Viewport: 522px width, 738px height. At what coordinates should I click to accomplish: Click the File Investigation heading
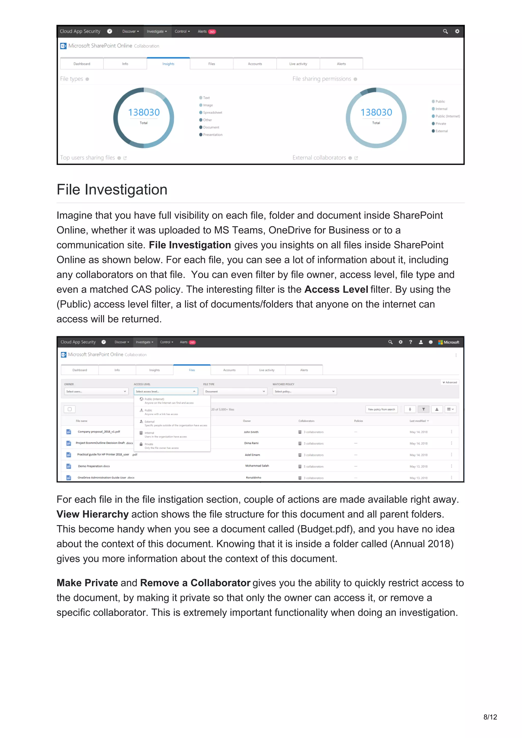click(112, 190)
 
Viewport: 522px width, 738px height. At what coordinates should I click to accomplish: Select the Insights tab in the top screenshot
click(168, 64)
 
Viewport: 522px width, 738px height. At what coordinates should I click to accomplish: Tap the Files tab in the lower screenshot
click(192, 370)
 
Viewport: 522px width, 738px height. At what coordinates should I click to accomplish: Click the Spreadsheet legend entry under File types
click(212, 113)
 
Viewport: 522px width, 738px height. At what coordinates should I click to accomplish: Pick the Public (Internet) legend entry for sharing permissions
click(447, 116)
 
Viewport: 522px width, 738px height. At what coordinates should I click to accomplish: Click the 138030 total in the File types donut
click(144, 112)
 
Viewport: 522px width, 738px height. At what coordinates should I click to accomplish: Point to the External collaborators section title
click(319, 157)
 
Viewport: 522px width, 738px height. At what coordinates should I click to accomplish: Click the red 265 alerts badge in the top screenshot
click(212, 32)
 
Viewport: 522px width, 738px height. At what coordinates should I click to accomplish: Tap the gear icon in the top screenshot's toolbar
click(457, 31)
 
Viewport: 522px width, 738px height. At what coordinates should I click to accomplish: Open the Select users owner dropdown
click(96, 391)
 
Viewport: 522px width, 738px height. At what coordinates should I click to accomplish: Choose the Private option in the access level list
click(149, 444)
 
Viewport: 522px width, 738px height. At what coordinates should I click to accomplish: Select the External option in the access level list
click(150, 421)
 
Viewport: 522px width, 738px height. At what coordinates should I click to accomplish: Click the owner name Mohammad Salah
click(257, 466)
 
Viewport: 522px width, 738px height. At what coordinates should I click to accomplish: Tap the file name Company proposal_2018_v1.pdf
click(99, 432)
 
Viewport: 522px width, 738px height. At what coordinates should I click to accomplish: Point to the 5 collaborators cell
click(313, 466)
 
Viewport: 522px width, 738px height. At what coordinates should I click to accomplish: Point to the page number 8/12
click(490, 717)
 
